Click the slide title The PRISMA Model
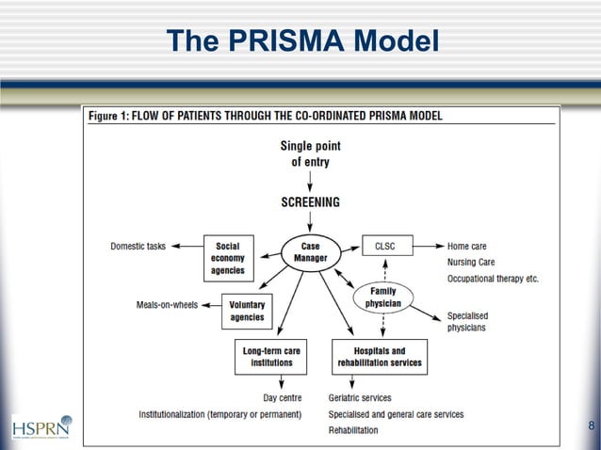click(x=301, y=41)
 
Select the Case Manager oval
click(x=310, y=251)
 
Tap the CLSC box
click(x=385, y=247)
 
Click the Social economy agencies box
click(x=228, y=258)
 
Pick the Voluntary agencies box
click(x=247, y=312)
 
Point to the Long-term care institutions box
click(x=272, y=357)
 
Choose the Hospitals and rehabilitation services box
click(x=380, y=357)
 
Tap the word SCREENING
click(x=310, y=201)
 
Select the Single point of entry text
click(x=310, y=153)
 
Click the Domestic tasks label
click(x=138, y=247)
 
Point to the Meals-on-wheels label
click(x=167, y=305)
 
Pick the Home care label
click(x=468, y=247)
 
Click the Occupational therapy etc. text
click(x=493, y=279)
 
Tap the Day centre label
click(x=282, y=398)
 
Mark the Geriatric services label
click(x=360, y=398)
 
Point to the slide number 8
click(x=591, y=426)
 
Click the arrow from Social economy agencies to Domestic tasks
click(x=186, y=247)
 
